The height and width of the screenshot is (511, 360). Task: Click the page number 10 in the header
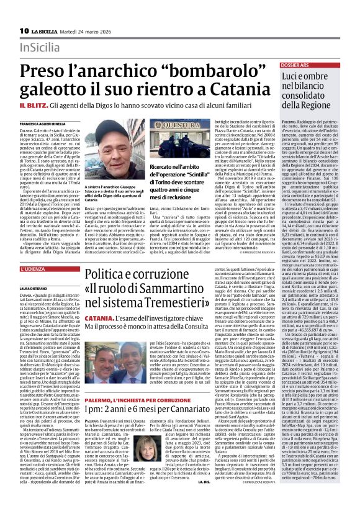[24, 30]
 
